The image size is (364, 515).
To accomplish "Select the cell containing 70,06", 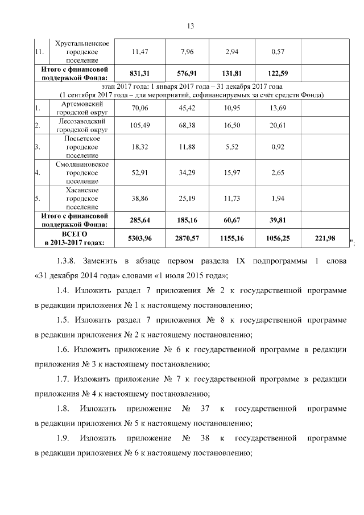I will click(x=140, y=108).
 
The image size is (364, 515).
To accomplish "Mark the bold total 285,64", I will click(x=140, y=220).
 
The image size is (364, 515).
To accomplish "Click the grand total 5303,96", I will click(x=140, y=238).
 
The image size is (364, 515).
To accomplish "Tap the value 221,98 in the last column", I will click(x=323, y=238).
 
